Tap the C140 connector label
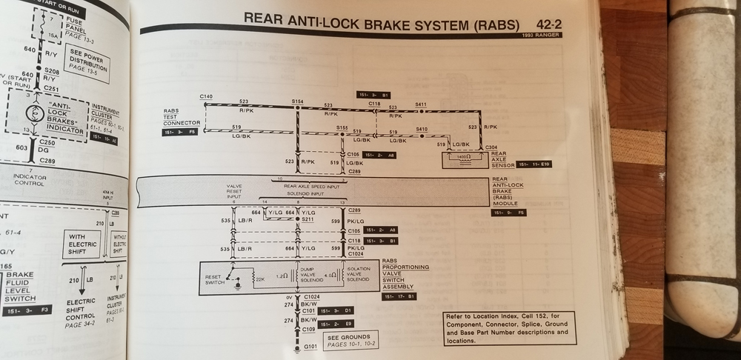point(206,97)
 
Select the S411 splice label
point(421,104)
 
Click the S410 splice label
point(422,129)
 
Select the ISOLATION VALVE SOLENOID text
point(357,275)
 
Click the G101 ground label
point(310,346)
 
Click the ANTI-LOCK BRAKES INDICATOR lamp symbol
point(33,115)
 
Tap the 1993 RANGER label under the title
point(542,35)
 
